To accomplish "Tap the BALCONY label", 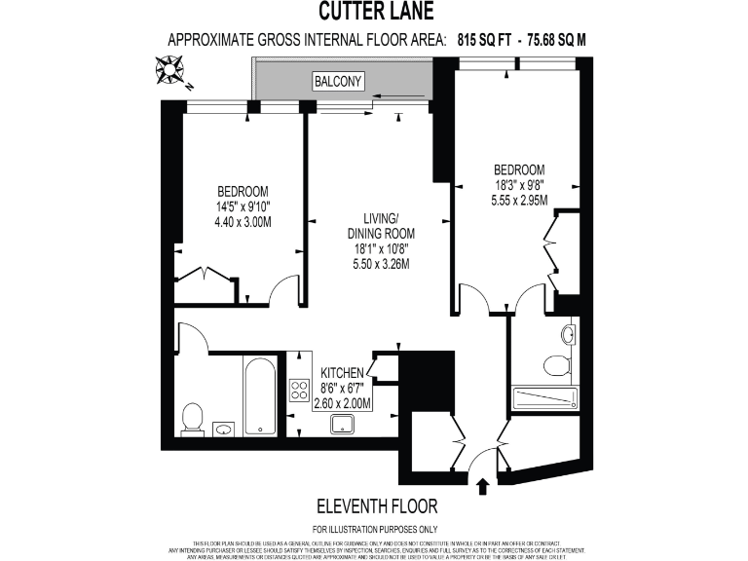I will (337, 83).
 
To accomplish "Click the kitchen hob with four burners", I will (299, 390).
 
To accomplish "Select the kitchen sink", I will (343, 424).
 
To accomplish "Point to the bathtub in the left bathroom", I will (260, 397).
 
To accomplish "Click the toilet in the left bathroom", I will (193, 419).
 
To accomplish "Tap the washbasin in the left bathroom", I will (224, 429).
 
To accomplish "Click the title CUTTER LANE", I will (374, 13).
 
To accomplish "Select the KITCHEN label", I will (343, 373).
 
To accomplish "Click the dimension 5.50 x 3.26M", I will (381, 264).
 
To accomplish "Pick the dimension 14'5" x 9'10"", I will (243, 206).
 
